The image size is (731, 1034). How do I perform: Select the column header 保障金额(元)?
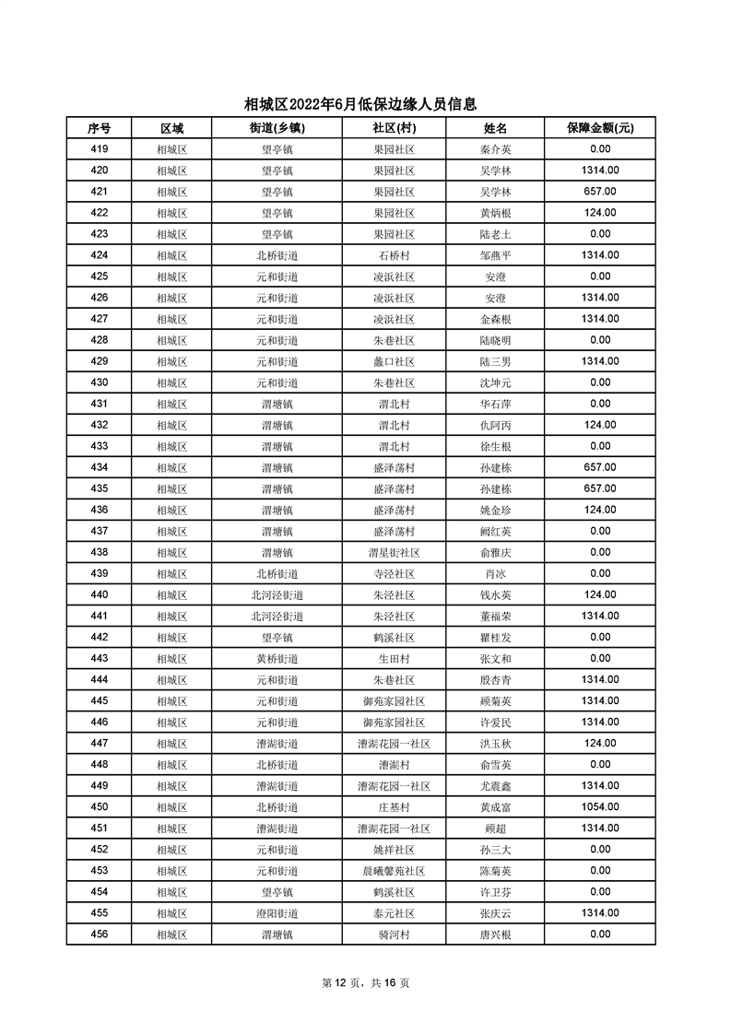coord(600,128)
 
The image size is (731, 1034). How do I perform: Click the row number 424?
coord(100,255)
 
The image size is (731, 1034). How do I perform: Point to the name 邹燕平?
coord(495,255)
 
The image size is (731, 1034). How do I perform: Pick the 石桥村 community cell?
coord(394,255)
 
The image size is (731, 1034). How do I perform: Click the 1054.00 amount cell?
coord(600,806)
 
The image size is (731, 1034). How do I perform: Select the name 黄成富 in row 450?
coord(495,806)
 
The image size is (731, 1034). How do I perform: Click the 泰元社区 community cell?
coord(394,913)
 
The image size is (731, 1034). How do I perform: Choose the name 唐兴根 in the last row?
coord(495,934)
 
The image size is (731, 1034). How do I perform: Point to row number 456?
coord(100,934)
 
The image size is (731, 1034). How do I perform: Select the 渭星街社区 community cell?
coord(394,552)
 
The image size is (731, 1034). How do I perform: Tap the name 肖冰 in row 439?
coord(495,573)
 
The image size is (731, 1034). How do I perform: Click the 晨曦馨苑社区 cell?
coord(394,871)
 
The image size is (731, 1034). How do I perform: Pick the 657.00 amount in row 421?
coord(600,192)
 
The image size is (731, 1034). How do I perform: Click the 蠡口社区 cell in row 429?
coord(394,361)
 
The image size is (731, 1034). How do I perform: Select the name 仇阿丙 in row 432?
coord(495,425)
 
